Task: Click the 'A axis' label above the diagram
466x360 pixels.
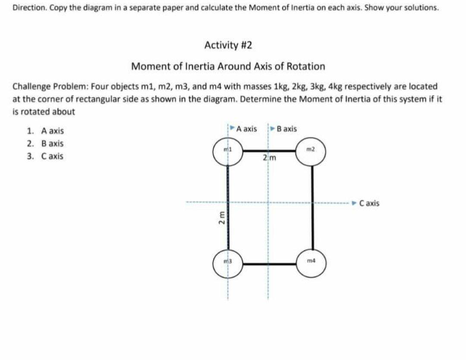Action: click(x=246, y=129)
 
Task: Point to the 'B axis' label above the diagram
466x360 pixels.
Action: click(x=287, y=129)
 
